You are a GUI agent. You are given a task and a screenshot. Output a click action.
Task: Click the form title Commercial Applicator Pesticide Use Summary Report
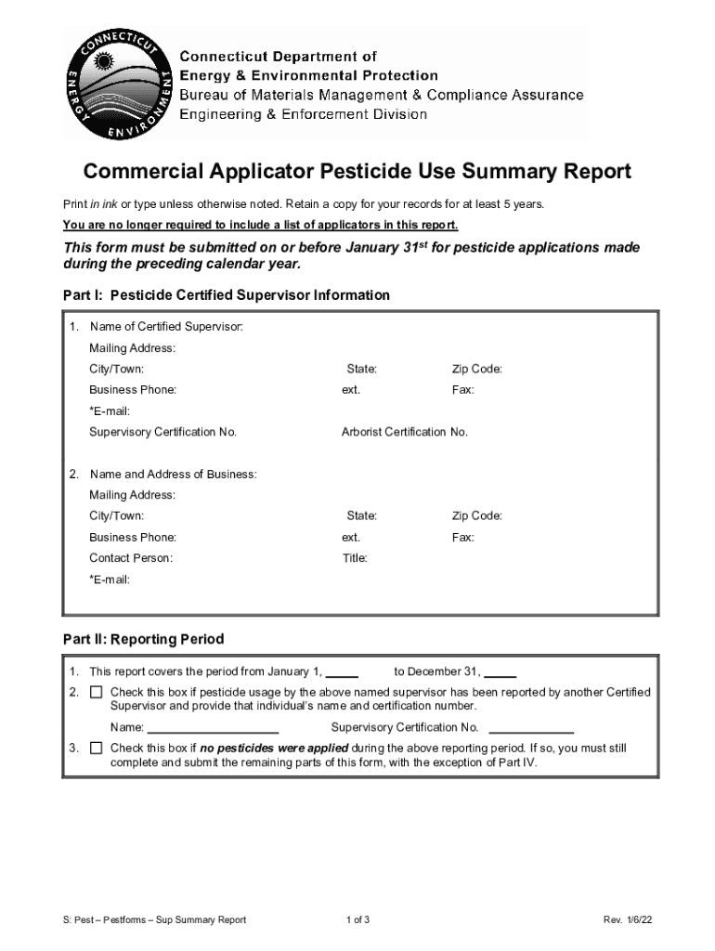tap(357, 172)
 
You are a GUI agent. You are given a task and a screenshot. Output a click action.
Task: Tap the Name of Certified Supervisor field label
tap(166, 327)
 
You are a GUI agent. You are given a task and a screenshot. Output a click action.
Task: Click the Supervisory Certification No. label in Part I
tap(162, 432)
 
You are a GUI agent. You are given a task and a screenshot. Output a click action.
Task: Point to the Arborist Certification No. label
tap(404, 432)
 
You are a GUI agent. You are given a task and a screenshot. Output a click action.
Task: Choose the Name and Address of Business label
tap(173, 475)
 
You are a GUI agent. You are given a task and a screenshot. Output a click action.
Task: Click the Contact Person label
tap(130, 558)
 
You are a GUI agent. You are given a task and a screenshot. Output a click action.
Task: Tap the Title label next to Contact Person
tap(355, 558)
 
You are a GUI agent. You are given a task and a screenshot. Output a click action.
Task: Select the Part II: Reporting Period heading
tap(143, 640)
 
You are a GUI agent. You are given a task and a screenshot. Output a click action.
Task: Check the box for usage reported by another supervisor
tap(97, 693)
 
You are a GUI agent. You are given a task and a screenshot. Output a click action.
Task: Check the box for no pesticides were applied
tap(97, 749)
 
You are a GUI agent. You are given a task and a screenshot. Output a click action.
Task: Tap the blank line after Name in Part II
tap(213, 730)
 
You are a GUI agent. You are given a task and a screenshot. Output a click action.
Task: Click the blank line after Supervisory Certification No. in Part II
tap(531, 730)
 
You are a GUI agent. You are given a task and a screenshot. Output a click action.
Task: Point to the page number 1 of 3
tap(357, 920)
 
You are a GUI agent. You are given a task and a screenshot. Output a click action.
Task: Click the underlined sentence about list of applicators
tap(260, 226)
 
